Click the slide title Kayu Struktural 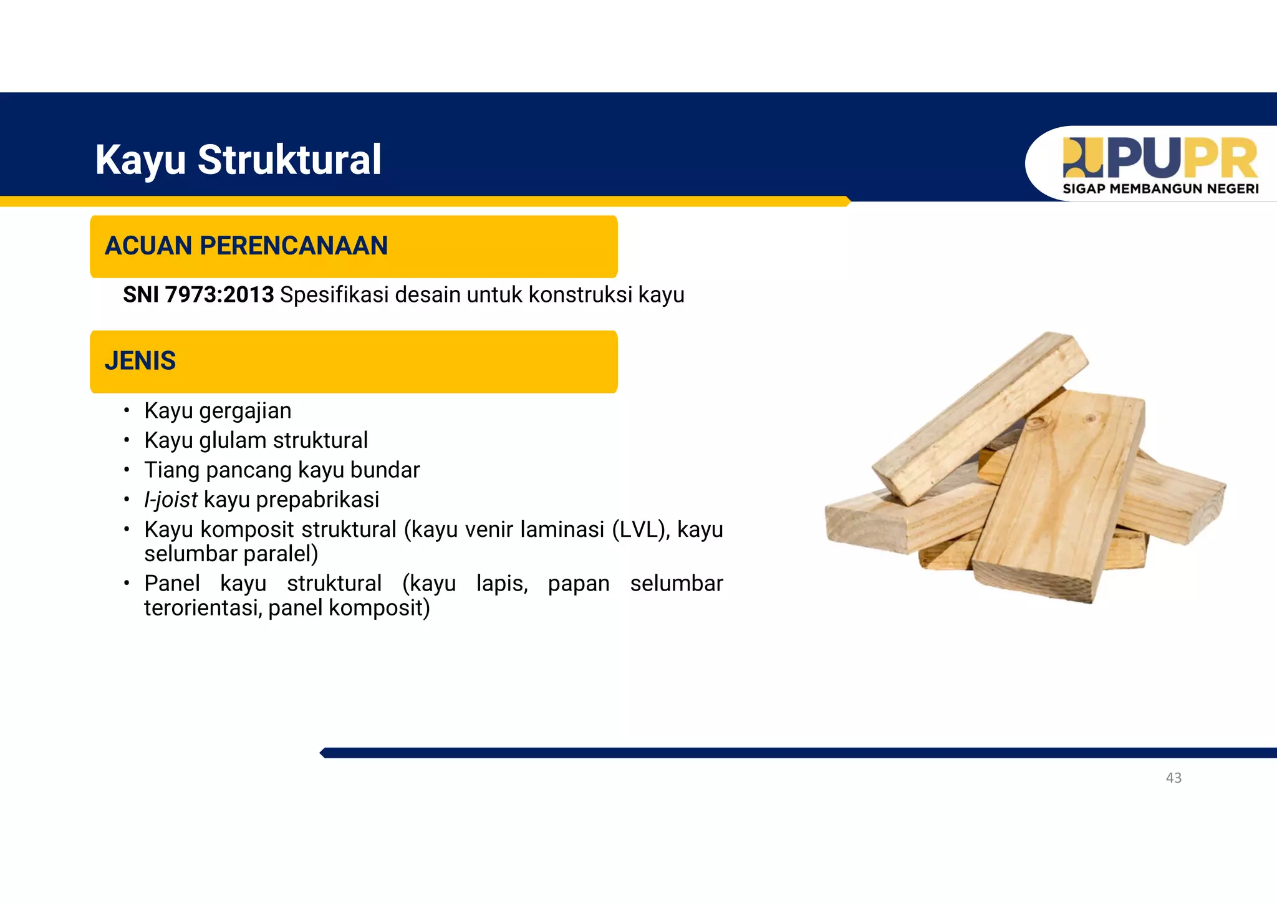click(x=238, y=160)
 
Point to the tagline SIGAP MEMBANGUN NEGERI click(x=1160, y=189)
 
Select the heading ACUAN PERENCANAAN click(x=246, y=246)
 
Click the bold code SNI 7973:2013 click(x=198, y=294)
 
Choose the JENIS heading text click(x=140, y=361)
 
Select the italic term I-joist click(x=170, y=500)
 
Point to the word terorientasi click(x=202, y=607)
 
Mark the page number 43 click(x=1173, y=778)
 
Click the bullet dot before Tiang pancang click(x=127, y=470)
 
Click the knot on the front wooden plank click(x=1038, y=423)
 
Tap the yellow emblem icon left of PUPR click(x=1082, y=158)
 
